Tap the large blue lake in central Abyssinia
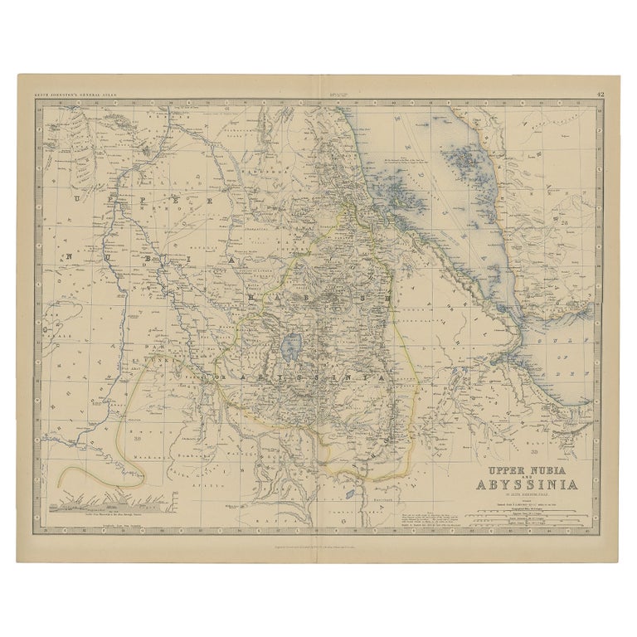[x=291, y=343]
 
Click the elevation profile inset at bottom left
[x=111, y=503]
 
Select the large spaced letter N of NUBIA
[x=72, y=258]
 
